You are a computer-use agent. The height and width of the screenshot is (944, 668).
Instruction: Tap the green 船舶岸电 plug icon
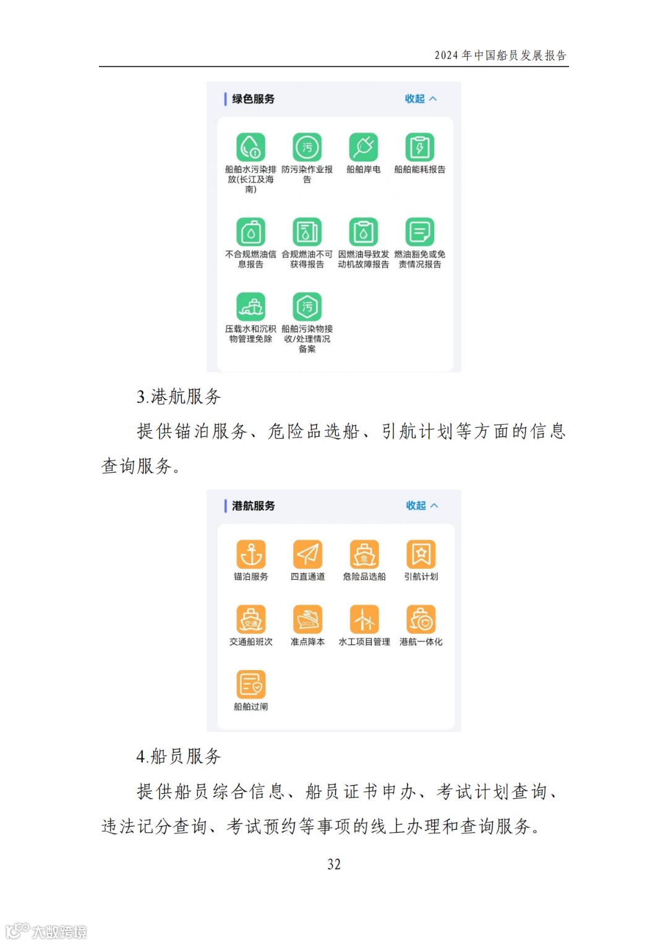point(363,148)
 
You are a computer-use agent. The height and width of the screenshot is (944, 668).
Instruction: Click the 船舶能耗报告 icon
point(420,148)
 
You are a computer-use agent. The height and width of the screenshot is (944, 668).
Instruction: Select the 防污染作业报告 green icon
point(307,148)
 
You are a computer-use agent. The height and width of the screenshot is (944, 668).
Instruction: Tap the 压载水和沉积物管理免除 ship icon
point(250,307)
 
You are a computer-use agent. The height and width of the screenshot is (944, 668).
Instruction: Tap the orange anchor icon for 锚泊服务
point(251,555)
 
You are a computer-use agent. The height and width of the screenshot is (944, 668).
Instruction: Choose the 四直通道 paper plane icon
point(307,555)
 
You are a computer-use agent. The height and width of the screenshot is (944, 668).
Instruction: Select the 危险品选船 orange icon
point(364,555)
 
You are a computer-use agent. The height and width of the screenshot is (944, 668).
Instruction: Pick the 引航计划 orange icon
point(421,555)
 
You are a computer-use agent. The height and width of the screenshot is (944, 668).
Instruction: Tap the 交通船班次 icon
point(251,619)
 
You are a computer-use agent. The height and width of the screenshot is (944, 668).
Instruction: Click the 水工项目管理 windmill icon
point(364,619)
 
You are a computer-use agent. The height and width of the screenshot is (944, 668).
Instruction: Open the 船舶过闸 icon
point(251,685)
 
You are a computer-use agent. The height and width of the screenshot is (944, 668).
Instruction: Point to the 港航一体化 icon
point(421,619)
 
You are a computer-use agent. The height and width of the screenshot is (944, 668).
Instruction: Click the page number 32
point(334,864)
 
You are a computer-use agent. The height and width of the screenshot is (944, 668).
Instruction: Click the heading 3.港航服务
point(179,396)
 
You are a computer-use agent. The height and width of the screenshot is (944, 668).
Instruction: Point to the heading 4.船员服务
point(179,756)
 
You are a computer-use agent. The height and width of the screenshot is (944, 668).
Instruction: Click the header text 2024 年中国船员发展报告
point(500,56)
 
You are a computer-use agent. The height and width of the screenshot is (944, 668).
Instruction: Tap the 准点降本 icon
point(307,619)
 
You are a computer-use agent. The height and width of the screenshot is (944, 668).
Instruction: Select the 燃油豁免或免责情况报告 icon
point(420,232)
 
